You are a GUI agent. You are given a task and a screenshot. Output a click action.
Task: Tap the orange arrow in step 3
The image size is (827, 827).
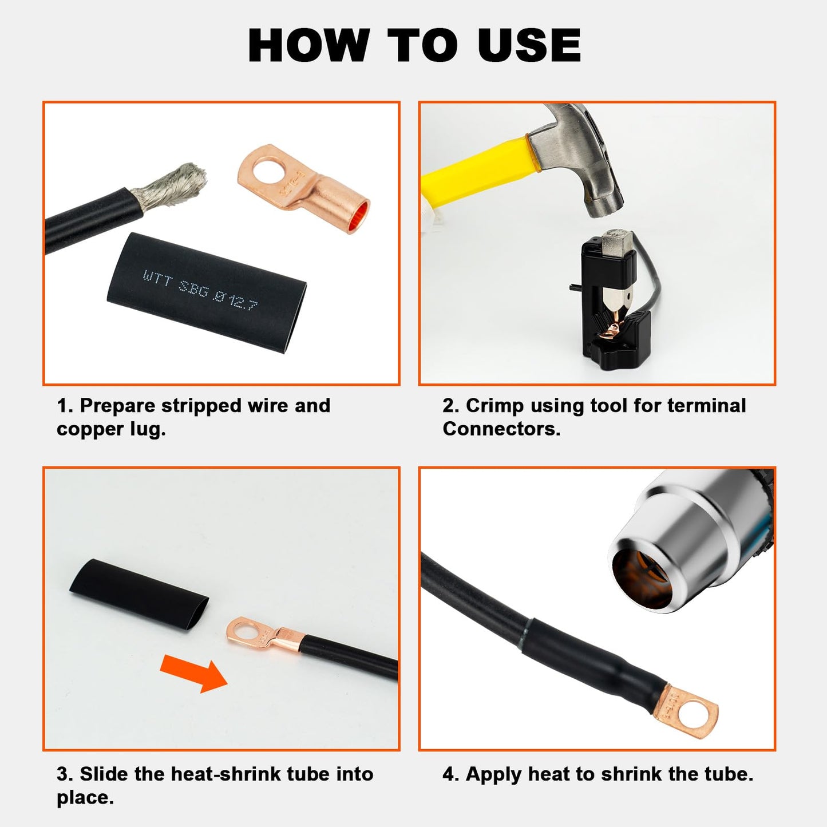pyautogui.click(x=195, y=674)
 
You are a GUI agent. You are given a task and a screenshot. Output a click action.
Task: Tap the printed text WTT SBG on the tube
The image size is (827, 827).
pyautogui.click(x=175, y=282)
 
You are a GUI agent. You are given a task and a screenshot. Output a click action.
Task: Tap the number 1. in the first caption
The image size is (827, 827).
pyautogui.click(x=65, y=406)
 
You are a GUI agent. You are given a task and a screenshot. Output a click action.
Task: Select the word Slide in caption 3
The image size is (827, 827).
pyautogui.click(x=104, y=774)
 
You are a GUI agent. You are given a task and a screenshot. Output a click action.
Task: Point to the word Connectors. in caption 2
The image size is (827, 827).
pyautogui.click(x=501, y=429)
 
